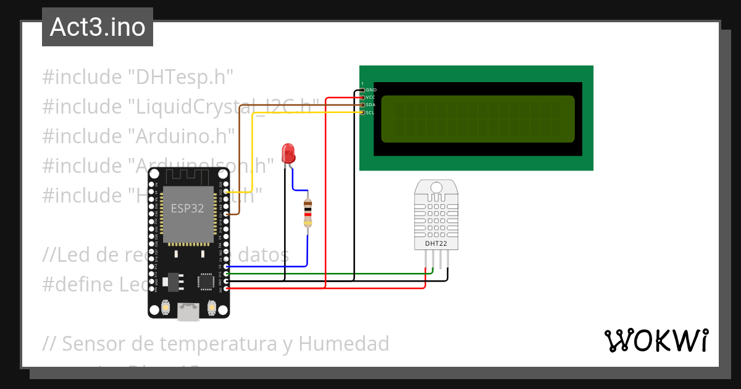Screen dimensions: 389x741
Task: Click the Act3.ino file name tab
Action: [98, 27]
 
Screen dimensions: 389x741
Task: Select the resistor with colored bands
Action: [308, 214]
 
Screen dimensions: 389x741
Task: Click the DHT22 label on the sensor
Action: [435, 243]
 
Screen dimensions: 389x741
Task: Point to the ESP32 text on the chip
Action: [187, 208]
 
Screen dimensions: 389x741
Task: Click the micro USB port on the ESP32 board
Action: [188, 311]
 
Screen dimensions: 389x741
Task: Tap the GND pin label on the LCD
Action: [371, 90]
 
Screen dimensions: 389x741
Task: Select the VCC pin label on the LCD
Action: [371, 98]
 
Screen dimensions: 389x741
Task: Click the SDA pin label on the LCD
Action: [371, 105]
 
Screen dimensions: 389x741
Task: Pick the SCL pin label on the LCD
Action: [371, 112]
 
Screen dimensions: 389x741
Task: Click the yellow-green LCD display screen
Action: [477, 119]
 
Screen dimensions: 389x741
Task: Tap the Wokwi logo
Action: [656, 341]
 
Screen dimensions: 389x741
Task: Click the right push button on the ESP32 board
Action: [212, 307]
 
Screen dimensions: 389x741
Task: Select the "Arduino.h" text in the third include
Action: [182, 136]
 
